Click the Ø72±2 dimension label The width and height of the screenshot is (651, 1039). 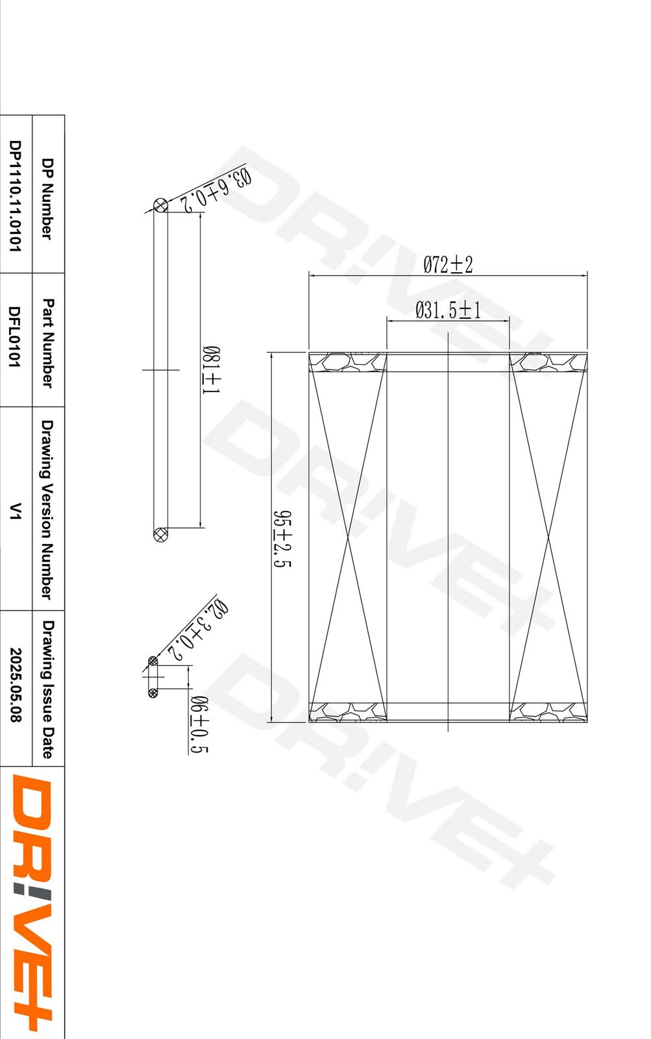click(x=448, y=264)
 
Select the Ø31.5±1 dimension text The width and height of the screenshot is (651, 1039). click(x=448, y=310)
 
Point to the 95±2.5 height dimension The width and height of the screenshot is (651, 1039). click(x=282, y=538)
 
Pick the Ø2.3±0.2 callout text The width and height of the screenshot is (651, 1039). click(x=198, y=630)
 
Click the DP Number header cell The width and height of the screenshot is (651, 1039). click(x=47, y=198)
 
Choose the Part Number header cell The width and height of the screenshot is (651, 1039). click(x=47, y=343)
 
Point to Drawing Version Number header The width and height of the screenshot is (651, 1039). click(x=47, y=510)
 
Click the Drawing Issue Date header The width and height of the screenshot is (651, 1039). click(x=47, y=689)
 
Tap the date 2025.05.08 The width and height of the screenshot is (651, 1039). click(x=15, y=685)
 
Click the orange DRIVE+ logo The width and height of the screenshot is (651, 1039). click(x=32, y=903)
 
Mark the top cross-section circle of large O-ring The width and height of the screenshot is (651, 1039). click(x=160, y=205)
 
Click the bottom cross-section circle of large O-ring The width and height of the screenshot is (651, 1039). click(x=160, y=535)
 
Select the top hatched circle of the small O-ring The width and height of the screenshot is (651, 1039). click(x=153, y=662)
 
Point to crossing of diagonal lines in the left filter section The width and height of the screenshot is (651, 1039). click(x=348, y=537)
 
